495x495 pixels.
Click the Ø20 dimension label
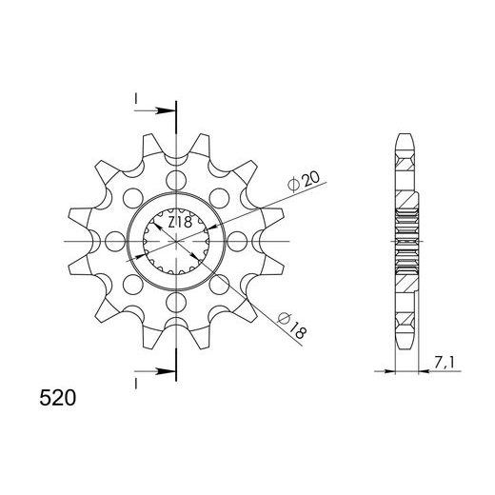[304, 183]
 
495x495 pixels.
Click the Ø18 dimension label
[292, 326]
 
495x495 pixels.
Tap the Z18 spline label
[180, 222]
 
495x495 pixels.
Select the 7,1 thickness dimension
[444, 363]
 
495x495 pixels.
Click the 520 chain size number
[58, 398]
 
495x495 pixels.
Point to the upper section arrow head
[167, 110]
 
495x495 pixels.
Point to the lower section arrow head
[167, 371]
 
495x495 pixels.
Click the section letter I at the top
[136, 99]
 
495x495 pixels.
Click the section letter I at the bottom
[136, 384]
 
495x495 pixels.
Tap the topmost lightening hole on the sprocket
[176, 180]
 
